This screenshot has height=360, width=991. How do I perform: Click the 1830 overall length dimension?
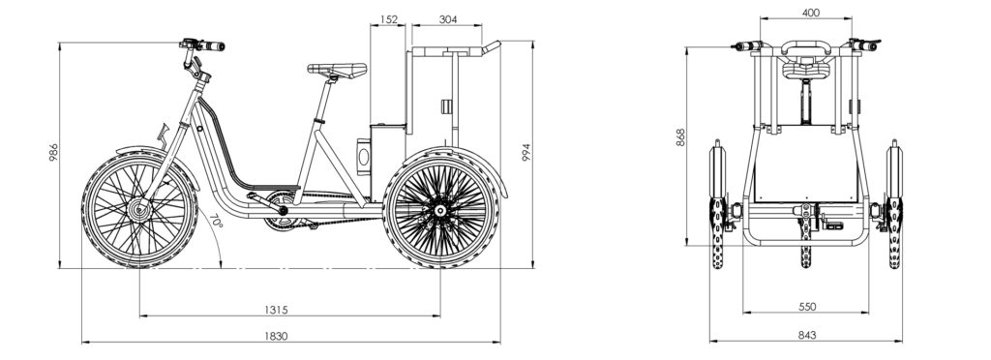(276, 336)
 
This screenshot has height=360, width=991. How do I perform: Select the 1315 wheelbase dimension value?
(276, 310)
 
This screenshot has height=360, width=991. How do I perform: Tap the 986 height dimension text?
(54, 152)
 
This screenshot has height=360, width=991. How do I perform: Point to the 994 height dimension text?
(526, 152)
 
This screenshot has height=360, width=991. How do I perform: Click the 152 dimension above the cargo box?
(389, 19)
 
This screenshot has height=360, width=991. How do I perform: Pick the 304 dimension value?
(447, 19)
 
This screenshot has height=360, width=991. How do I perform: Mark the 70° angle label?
(215, 222)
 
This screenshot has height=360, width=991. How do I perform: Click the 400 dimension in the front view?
(810, 13)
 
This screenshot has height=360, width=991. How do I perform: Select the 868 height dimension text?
(680, 137)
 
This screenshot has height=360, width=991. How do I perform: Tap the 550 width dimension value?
(807, 307)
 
